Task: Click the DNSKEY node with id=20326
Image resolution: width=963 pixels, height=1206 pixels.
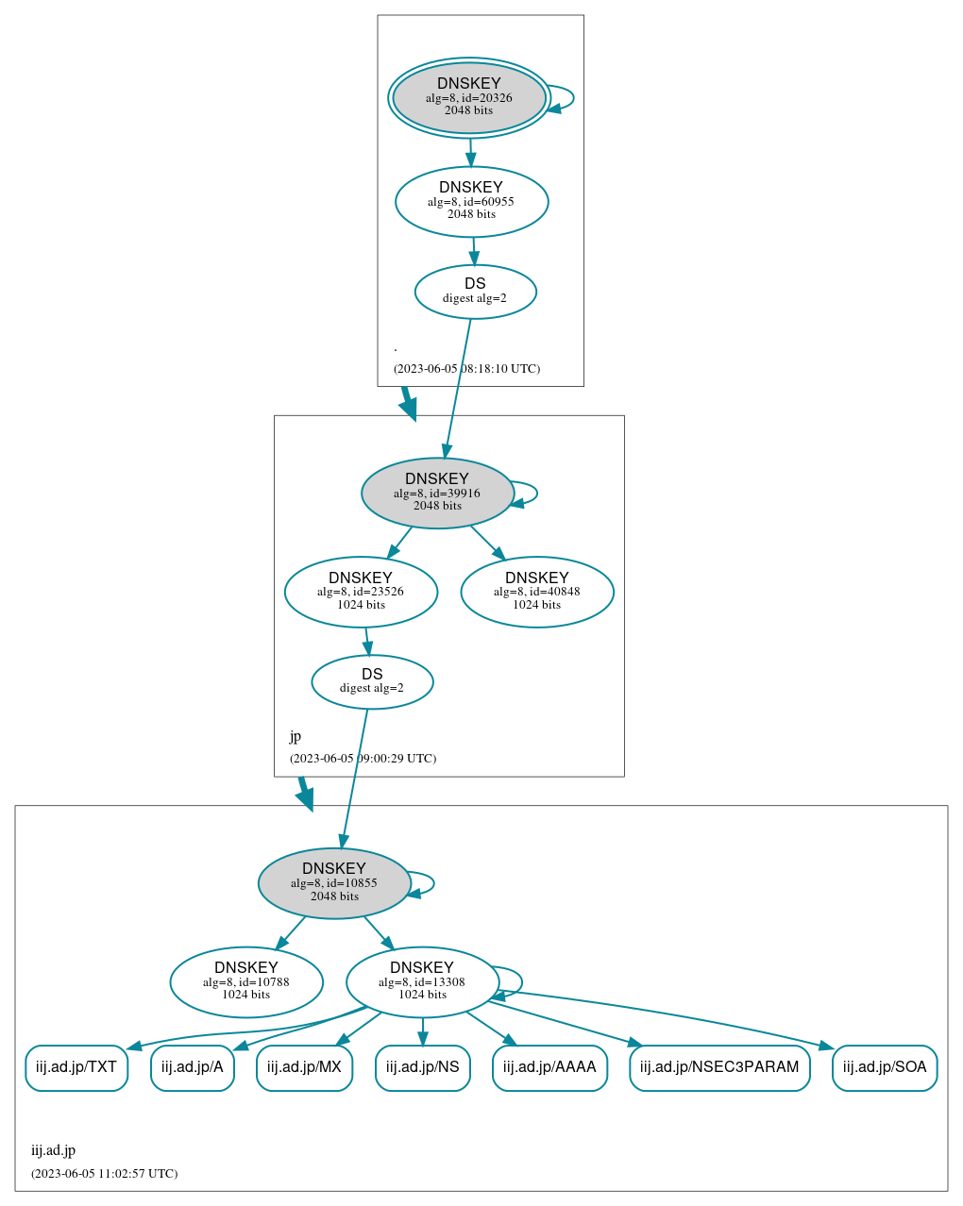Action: pyautogui.click(x=469, y=97)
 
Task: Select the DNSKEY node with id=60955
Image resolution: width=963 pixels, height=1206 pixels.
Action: pyautogui.click(x=471, y=201)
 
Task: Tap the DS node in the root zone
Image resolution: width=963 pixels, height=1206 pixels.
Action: pyautogui.click(x=475, y=292)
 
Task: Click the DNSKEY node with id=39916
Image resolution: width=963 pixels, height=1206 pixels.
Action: pyautogui.click(x=437, y=493)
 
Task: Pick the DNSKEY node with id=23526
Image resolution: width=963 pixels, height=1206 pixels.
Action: pyautogui.click(x=361, y=592)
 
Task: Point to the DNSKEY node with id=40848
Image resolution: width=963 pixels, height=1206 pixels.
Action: pyautogui.click(x=536, y=592)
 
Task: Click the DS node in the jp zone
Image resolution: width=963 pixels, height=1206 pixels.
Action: pyautogui.click(x=372, y=681)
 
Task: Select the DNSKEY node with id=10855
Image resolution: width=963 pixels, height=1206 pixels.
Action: pyautogui.click(x=334, y=882)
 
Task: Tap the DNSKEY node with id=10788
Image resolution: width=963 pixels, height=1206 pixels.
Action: pyautogui.click(x=246, y=981)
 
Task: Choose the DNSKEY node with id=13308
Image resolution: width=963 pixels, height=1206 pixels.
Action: pyautogui.click(x=422, y=981)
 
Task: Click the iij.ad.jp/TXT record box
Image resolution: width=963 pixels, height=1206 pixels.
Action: pyautogui.click(x=76, y=1067)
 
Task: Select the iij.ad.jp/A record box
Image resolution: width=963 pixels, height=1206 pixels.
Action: pyautogui.click(x=193, y=1067)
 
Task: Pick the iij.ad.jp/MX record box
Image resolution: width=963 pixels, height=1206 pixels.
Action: pyautogui.click(x=304, y=1067)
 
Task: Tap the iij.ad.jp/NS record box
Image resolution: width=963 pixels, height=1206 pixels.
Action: pyautogui.click(x=422, y=1067)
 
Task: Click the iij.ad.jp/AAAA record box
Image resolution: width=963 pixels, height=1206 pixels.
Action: pyautogui.click(x=549, y=1067)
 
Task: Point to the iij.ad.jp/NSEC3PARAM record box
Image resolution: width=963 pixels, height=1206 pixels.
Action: pyautogui.click(x=719, y=1067)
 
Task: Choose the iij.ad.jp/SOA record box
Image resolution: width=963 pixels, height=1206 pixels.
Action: pyautogui.click(x=885, y=1067)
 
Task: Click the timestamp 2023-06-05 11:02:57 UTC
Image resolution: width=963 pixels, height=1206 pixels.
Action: pyautogui.click(x=104, y=1174)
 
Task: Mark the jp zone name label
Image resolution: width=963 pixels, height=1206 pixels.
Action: pyautogui.click(x=296, y=736)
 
